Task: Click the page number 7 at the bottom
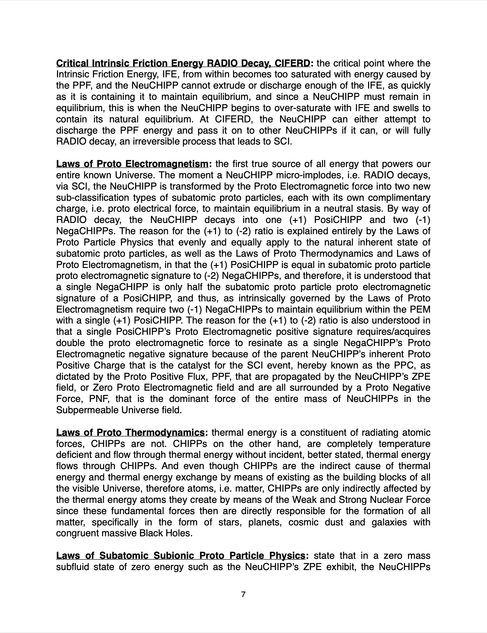[x=243, y=595]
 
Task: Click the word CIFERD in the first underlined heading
[x=292, y=63]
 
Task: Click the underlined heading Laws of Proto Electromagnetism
[x=132, y=164]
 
